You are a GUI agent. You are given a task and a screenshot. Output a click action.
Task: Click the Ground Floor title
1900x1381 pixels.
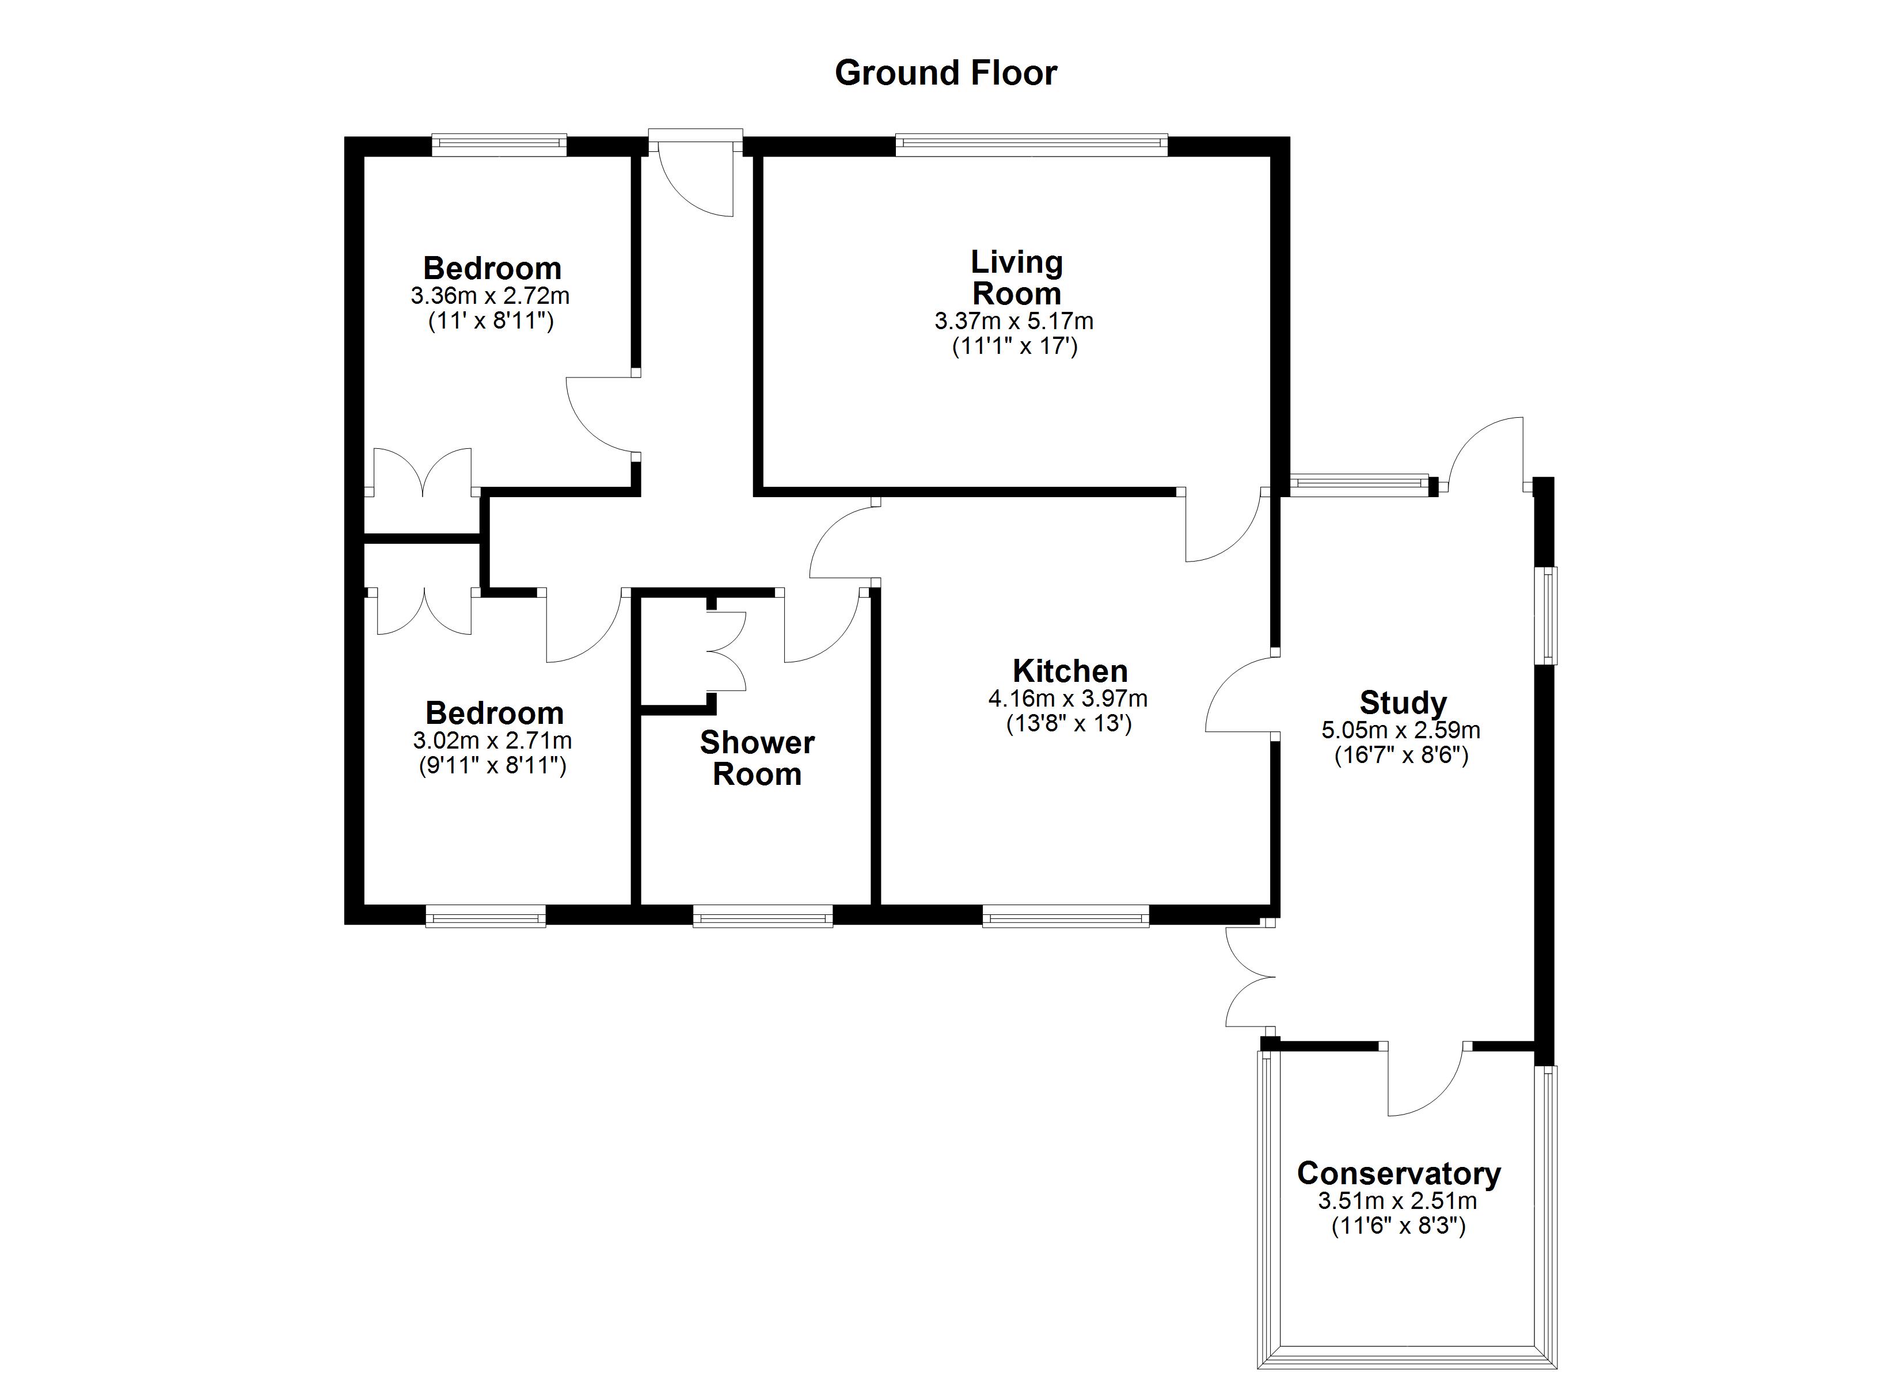(x=946, y=74)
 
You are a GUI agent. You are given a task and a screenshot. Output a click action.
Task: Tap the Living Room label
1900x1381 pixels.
(x=1016, y=278)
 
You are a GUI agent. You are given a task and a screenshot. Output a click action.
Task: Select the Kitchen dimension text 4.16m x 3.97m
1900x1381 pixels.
(x=1068, y=699)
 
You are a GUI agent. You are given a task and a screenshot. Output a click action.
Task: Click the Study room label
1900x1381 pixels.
(x=1403, y=703)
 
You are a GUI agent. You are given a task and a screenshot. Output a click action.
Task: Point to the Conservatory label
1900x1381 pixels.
(x=1398, y=1173)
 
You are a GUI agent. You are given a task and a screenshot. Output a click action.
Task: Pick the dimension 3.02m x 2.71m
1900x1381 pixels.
(x=493, y=741)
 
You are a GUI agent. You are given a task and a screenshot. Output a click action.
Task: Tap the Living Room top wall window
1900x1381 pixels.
(x=1031, y=146)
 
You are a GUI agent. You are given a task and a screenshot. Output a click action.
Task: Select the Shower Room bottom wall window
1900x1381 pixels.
(x=762, y=919)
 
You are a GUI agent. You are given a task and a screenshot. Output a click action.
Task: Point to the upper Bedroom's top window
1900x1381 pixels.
(x=499, y=146)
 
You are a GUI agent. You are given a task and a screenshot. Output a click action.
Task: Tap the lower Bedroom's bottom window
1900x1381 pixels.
(x=486, y=919)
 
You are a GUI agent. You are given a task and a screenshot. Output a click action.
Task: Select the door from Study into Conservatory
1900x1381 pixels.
(x=1425, y=1081)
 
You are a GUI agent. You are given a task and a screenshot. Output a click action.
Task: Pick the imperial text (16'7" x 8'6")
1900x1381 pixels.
(x=1401, y=756)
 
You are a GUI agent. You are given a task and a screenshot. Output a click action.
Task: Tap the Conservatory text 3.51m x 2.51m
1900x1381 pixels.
(x=1397, y=1201)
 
